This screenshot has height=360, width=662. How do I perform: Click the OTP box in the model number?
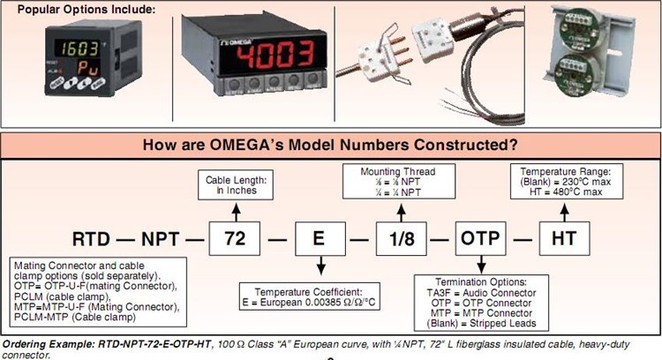(481, 238)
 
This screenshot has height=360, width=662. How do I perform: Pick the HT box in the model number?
(565, 238)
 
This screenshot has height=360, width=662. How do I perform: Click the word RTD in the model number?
(89, 239)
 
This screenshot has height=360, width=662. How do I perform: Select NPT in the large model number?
(163, 239)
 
